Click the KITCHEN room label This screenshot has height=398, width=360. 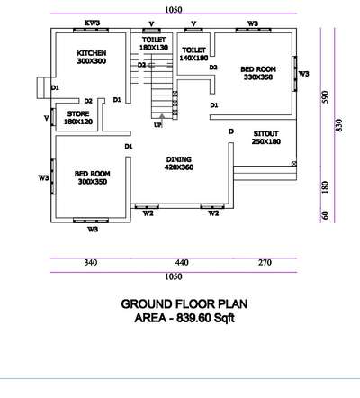(x=92, y=57)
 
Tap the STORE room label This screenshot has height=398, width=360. (x=78, y=118)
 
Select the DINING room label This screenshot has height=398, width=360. (x=179, y=163)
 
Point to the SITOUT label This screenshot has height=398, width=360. (x=266, y=138)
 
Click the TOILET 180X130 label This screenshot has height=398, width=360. (x=154, y=43)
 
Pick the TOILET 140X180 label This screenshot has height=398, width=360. (x=193, y=54)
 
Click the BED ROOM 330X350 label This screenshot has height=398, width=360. (x=258, y=73)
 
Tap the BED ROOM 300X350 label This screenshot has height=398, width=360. (x=93, y=177)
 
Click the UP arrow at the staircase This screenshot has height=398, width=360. (x=162, y=118)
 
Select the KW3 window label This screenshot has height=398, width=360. (x=93, y=23)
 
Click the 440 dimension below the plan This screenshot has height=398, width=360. (x=182, y=263)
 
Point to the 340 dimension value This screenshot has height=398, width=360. (x=90, y=263)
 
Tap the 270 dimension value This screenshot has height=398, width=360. (x=265, y=263)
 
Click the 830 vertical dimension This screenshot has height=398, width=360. (x=338, y=125)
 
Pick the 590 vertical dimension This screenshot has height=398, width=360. (x=325, y=97)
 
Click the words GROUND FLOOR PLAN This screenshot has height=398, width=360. (x=184, y=304)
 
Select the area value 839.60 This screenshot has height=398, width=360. (x=193, y=318)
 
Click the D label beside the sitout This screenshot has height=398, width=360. (x=231, y=131)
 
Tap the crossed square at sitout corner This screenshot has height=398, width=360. (x=294, y=164)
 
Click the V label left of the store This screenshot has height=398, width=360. (x=46, y=119)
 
